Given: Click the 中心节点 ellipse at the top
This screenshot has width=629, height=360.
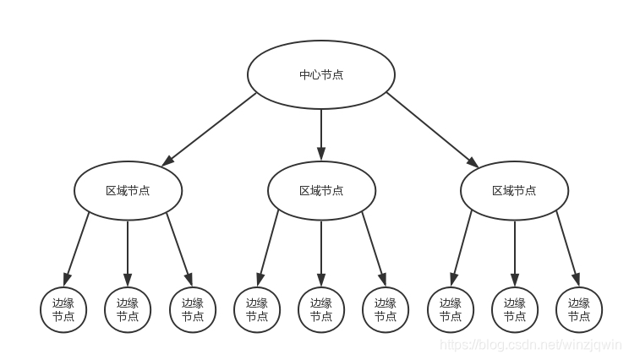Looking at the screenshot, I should (321, 74).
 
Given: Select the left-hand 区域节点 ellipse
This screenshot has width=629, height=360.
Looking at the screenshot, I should (128, 191).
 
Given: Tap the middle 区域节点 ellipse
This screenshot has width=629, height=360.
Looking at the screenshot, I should (321, 191).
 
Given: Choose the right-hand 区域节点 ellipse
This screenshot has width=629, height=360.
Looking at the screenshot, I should (514, 191).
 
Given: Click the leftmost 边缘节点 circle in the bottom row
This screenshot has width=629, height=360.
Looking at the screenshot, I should (63, 310).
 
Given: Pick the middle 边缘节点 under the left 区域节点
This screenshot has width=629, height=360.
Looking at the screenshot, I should (128, 310).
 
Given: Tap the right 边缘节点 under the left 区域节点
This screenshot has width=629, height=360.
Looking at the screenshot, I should (193, 310).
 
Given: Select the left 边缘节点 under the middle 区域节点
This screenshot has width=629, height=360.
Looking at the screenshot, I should (257, 310).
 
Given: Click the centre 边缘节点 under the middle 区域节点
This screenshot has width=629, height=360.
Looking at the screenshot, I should (321, 310).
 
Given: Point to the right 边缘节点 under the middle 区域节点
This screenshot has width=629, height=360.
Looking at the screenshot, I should (386, 310).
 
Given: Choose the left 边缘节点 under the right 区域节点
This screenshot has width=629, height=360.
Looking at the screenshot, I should (451, 310).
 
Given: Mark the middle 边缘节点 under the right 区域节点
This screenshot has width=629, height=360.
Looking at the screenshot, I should (514, 310).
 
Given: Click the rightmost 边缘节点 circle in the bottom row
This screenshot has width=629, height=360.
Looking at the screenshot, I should (579, 310).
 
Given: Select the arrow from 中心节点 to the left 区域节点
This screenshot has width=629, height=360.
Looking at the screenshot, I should (209, 128).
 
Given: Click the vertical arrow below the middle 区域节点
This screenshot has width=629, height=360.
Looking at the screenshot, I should (321, 252).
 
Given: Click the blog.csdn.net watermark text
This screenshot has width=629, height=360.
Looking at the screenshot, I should (532, 345).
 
